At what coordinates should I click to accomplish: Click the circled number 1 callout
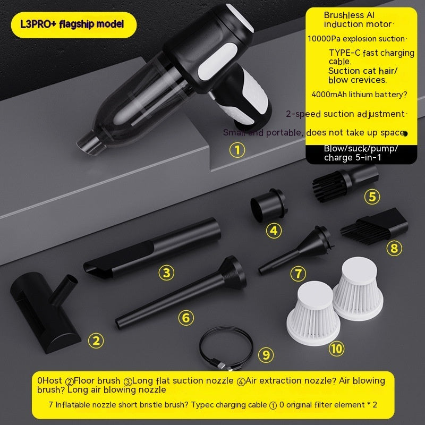(237, 150)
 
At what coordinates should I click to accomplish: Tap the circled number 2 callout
(96, 341)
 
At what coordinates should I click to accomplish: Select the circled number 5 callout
(372, 197)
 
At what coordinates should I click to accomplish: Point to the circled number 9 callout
(266, 355)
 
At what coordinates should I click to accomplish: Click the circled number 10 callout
(336, 349)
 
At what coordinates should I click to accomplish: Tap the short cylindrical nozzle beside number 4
(268, 205)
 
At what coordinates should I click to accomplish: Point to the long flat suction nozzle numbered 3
(152, 249)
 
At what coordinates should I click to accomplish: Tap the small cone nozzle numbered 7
(296, 250)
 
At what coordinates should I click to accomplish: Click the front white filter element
(313, 313)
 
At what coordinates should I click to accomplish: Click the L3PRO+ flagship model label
(72, 24)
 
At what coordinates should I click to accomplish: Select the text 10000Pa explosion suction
(356, 39)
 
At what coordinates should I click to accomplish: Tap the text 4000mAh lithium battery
(360, 95)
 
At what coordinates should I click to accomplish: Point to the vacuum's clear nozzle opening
(88, 143)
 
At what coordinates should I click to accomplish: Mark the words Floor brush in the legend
(97, 380)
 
